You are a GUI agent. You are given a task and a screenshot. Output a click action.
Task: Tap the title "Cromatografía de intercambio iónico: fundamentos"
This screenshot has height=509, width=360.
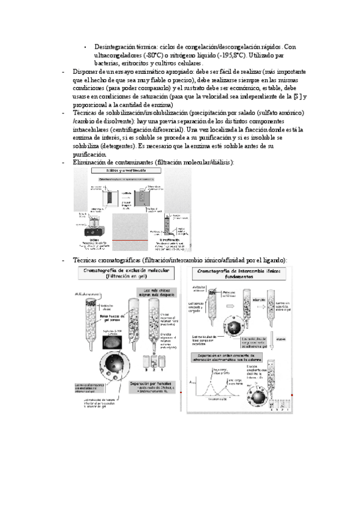[x=240, y=274]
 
